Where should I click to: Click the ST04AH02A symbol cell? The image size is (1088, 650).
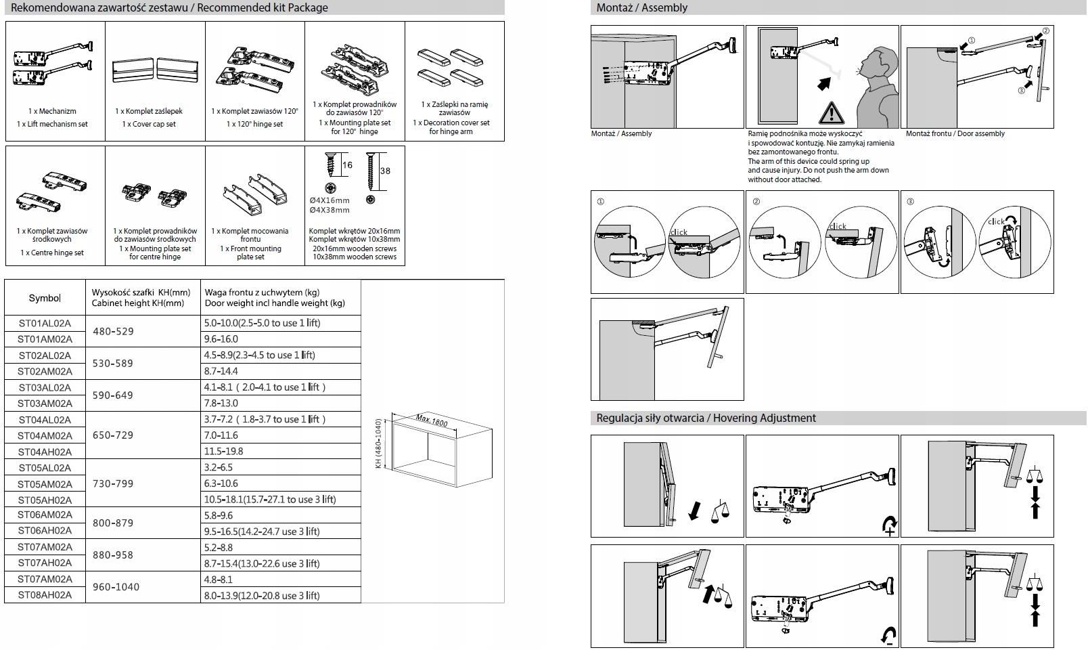tap(45, 452)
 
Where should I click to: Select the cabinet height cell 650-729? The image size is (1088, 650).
tap(113, 435)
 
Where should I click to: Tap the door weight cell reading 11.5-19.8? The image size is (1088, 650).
tap(224, 451)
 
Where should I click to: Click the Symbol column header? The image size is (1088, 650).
tap(45, 298)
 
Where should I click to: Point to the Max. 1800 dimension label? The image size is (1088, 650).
tap(432, 420)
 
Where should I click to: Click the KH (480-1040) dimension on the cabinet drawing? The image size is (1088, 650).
tap(379, 443)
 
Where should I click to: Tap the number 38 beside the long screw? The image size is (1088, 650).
tap(385, 171)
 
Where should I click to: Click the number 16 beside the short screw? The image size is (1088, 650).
tap(347, 165)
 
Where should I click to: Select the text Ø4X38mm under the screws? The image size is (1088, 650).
tap(330, 210)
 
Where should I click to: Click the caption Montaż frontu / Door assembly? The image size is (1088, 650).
tap(955, 134)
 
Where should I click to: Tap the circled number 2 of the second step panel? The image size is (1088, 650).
tap(756, 202)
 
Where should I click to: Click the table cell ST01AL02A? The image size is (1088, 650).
tap(45, 323)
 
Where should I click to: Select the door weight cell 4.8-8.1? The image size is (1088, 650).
tap(219, 580)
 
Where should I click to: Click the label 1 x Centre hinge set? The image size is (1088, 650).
tap(52, 253)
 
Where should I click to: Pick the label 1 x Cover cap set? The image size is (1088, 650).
tap(149, 125)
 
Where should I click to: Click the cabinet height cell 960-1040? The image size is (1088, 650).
tap(116, 587)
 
